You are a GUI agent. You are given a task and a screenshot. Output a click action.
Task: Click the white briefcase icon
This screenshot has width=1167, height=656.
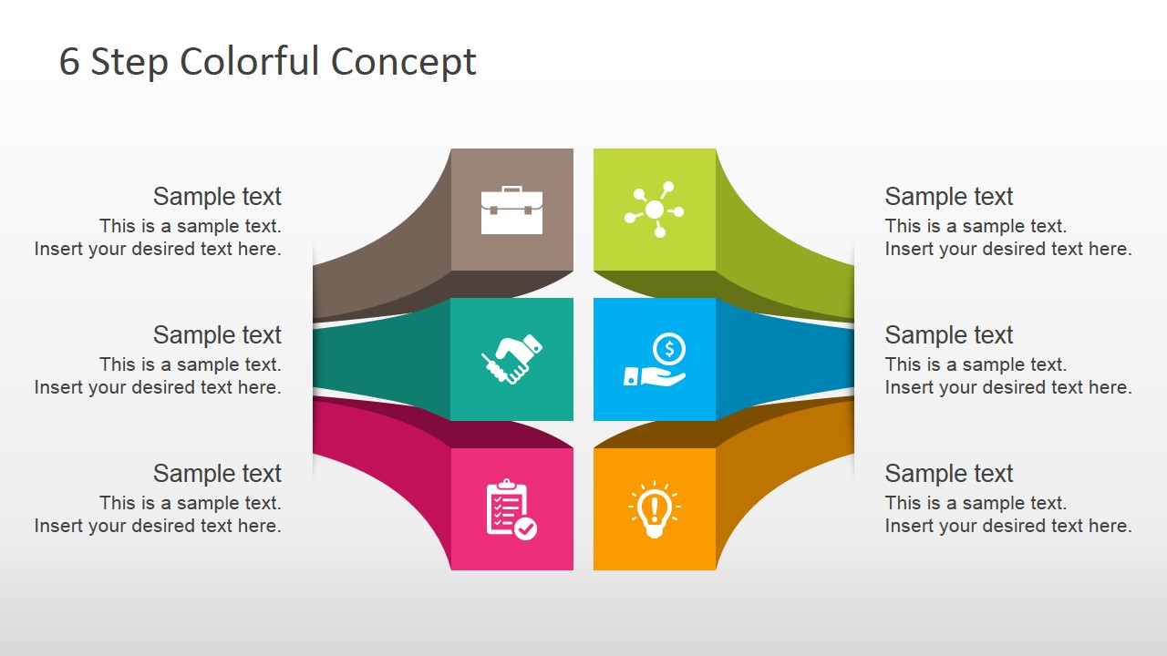[x=511, y=210]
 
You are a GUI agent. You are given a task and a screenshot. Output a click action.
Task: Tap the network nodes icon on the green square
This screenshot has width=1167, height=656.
[x=654, y=210]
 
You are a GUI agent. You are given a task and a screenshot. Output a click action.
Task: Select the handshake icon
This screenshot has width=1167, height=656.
[x=511, y=359]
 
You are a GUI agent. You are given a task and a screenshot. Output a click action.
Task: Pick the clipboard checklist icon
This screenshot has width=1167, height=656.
[x=511, y=509]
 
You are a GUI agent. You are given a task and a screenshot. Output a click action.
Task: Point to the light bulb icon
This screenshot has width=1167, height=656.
[x=654, y=509]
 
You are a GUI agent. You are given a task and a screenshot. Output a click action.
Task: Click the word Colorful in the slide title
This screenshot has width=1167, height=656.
[x=251, y=62]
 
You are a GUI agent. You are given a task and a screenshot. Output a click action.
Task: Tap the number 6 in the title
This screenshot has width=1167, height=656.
[x=69, y=62]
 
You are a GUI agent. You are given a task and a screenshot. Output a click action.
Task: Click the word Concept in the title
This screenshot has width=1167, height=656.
[x=403, y=62]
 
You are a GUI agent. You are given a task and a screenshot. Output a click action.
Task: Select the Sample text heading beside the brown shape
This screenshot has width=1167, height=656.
[x=217, y=197]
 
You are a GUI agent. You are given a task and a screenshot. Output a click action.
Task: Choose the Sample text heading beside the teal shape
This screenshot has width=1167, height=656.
[x=217, y=335]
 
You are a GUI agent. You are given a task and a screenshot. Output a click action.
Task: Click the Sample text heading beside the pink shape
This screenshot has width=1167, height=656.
[x=217, y=474]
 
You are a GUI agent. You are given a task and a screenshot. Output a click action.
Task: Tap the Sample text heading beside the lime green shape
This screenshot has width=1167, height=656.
[x=949, y=197]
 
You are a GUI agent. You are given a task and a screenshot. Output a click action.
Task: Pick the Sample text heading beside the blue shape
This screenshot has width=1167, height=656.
[x=949, y=335]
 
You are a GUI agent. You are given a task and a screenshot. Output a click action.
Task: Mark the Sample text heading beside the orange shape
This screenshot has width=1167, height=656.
[x=949, y=474]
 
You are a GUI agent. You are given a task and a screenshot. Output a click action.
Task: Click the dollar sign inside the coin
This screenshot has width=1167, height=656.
[x=670, y=348]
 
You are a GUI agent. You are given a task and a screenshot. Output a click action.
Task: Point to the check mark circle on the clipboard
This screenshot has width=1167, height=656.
[x=526, y=528]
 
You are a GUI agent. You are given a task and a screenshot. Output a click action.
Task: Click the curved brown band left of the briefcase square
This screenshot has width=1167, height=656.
[x=383, y=264]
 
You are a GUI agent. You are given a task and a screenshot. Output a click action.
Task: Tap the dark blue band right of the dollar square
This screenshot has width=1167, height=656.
[x=784, y=359]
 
